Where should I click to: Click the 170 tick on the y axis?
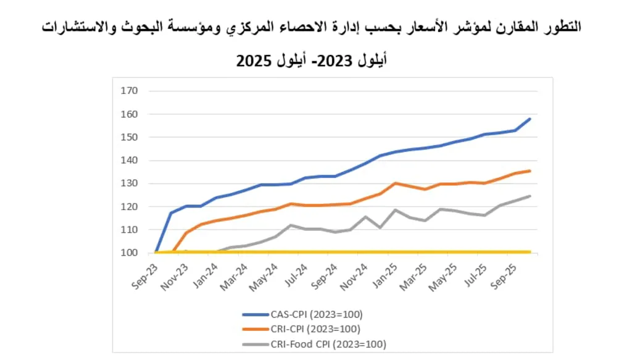(x=130, y=91)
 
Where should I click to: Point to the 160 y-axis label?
(x=130, y=114)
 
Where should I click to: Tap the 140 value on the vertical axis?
(x=130, y=161)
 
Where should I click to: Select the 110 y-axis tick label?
(x=130, y=230)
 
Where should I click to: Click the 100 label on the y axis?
(x=130, y=253)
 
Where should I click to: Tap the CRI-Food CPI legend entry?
(x=321, y=344)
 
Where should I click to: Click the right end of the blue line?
(x=530, y=119)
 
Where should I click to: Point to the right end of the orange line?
(x=530, y=171)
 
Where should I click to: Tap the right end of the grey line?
(x=530, y=196)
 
